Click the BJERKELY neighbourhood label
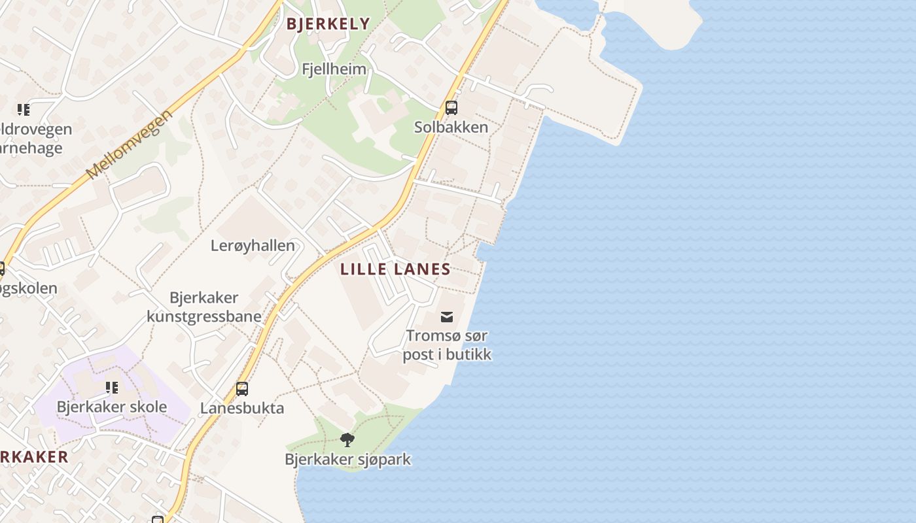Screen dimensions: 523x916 (x=328, y=24)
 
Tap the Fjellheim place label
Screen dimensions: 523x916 (x=334, y=69)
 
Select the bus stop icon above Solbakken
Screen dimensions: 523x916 (x=451, y=108)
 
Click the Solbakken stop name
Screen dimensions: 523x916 (x=451, y=127)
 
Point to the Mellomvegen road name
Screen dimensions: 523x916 (x=130, y=144)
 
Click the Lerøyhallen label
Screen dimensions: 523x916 (x=253, y=246)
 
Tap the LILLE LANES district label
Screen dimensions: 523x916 (x=395, y=269)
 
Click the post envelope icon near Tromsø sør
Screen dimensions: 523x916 (x=447, y=317)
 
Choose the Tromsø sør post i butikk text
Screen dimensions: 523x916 (x=447, y=345)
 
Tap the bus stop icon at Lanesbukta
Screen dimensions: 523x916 (x=242, y=389)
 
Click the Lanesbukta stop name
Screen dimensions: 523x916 (x=242, y=409)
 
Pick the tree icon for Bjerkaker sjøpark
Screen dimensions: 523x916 (x=347, y=439)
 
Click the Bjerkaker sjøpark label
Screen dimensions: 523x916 (x=347, y=459)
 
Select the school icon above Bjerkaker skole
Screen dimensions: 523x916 (x=112, y=388)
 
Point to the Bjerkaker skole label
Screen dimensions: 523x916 (x=112, y=407)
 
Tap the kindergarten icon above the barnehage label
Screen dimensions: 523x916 (x=24, y=109)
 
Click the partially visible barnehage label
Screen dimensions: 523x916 (x=31, y=148)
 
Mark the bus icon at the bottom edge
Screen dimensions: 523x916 (x=157, y=520)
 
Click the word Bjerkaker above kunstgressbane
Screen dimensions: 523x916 (x=204, y=298)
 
